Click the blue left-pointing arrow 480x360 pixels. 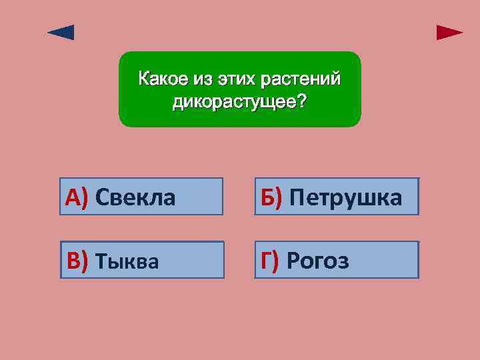click(61, 33)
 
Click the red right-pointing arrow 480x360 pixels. click(449, 33)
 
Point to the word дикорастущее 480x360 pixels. click(231, 102)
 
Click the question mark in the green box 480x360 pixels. click(303, 102)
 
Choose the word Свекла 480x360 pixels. click(135, 197)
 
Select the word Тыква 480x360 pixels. click(127, 261)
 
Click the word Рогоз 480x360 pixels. click(317, 261)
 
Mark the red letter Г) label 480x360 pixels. click(270, 261)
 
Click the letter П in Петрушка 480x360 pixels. click(297, 197)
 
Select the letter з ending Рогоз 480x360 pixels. click(343, 262)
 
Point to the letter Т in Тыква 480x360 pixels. click(103, 261)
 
